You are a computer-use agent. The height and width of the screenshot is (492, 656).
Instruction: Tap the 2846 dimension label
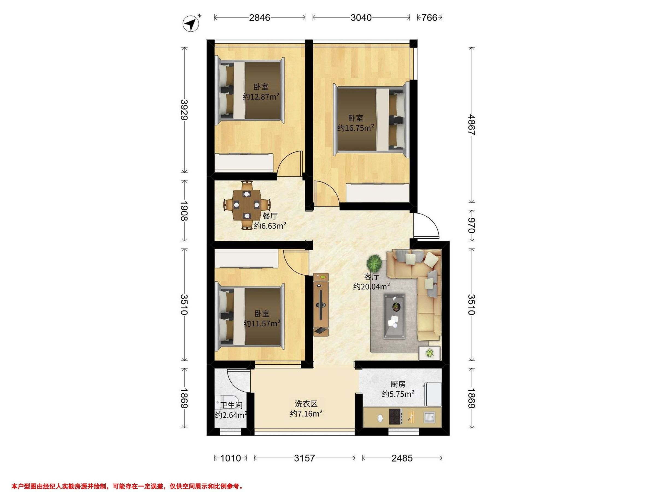(x=259, y=18)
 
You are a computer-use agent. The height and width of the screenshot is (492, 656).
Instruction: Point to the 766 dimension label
(x=429, y=18)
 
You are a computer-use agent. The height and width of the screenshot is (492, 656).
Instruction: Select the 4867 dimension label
(x=471, y=125)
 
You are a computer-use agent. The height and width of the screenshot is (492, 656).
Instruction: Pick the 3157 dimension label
(x=304, y=458)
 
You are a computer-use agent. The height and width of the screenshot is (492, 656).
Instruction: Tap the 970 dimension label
(x=471, y=226)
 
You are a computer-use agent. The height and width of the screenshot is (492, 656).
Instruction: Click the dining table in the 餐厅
(x=247, y=205)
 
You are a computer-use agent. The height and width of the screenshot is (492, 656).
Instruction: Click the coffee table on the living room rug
(x=395, y=316)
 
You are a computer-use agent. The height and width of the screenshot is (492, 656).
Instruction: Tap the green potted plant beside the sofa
(x=374, y=262)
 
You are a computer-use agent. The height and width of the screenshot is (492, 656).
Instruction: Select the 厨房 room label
(x=398, y=384)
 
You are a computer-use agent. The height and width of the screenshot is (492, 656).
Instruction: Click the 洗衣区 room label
(x=306, y=404)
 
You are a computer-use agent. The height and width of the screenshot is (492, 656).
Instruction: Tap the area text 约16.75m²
(x=355, y=128)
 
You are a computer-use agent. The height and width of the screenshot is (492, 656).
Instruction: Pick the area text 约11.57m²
(x=262, y=323)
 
